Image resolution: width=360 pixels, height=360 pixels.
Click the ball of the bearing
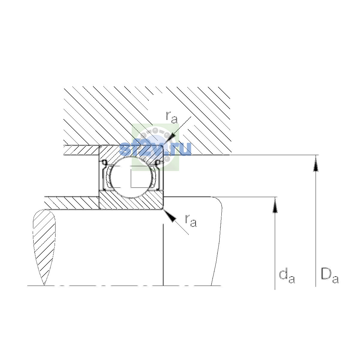(x=131, y=177)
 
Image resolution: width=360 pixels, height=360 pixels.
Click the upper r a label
(x=172, y=117)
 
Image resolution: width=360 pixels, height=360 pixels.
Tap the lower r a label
(x=191, y=221)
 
